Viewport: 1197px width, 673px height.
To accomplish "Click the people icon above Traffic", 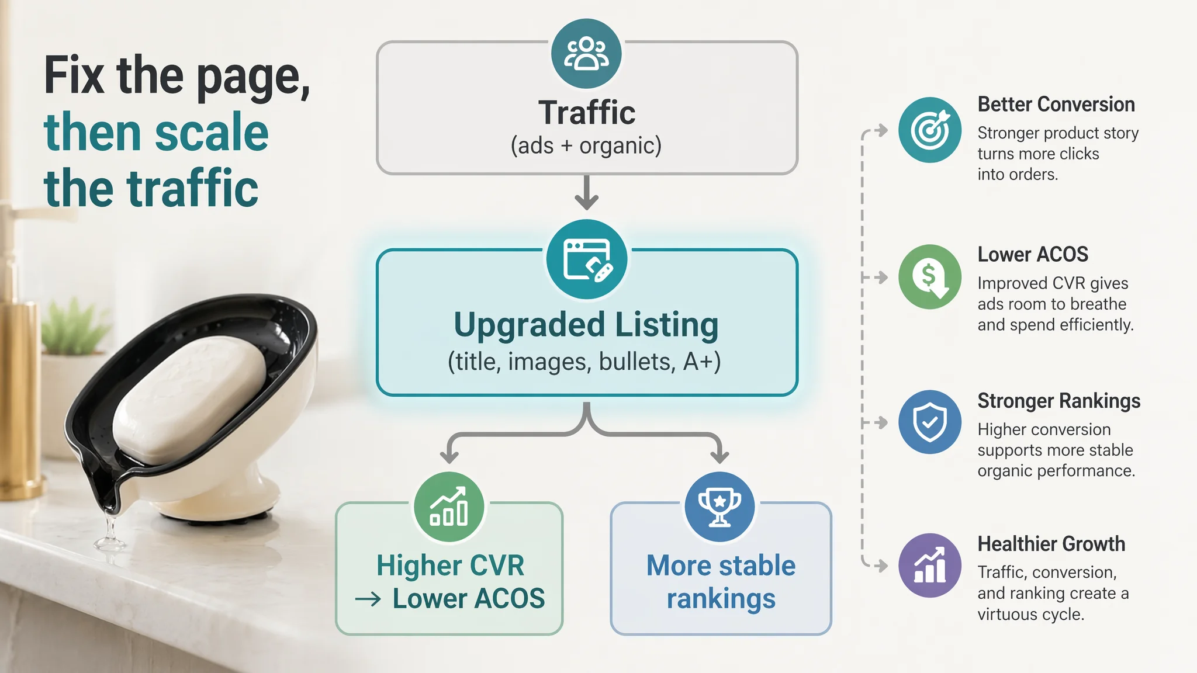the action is pyautogui.click(x=586, y=54).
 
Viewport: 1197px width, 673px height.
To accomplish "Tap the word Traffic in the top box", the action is pyautogui.click(x=587, y=112).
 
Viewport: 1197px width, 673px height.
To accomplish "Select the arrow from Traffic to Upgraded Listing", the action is pyautogui.click(x=586, y=192).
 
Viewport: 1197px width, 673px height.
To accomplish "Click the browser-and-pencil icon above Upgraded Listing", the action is pyautogui.click(x=587, y=259).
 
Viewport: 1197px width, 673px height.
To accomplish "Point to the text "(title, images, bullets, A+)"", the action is pyautogui.click(x=584, y=362).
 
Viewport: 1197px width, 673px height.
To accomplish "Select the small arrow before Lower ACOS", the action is pyautogui.click(x=368, y=599).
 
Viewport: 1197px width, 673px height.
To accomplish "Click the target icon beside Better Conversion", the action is pyautogui.click(x=930, y=130).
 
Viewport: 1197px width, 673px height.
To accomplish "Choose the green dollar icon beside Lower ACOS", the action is pyautogui.click(x=930, y=276).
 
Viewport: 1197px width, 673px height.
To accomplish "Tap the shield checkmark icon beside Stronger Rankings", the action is pyautogui.click(x=930, y=422).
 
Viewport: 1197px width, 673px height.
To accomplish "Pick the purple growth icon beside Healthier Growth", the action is pyautogui.click(x=930, y=565).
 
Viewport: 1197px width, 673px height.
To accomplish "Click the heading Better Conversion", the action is pyautogui.click(x=1056, y=105).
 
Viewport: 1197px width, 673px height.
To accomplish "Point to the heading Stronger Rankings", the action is pyautogui.click(x=1059, y=401).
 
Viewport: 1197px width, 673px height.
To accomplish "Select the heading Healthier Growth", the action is pyautogui.click(x=1051, y=544).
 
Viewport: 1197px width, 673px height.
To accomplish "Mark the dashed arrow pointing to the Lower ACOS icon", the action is pyautogui.click(x=875, y=277).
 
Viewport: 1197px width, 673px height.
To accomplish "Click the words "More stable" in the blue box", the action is pyautogui.click(x=721, y=566).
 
